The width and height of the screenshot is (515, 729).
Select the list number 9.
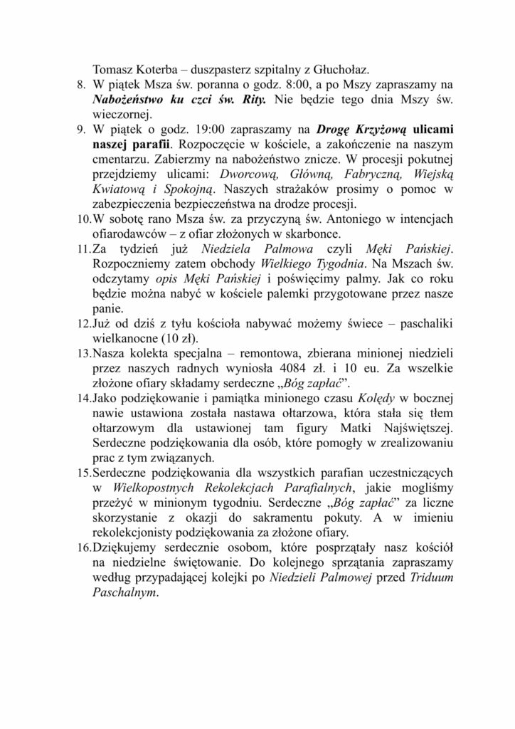(81, 130)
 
